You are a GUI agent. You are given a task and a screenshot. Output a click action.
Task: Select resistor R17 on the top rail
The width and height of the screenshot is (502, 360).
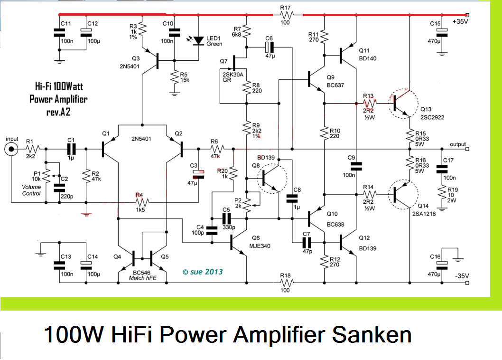click(x=286, y=15)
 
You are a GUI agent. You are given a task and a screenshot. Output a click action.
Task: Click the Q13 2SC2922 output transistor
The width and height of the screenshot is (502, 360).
click(x=401, y=103)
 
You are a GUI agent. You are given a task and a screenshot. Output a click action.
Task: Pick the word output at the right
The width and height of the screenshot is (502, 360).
click(x=458, y=144)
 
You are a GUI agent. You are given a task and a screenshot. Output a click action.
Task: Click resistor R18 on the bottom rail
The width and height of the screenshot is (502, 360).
click(x=286, y=282)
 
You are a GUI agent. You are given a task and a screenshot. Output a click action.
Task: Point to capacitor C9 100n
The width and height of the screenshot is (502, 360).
click(x=355, y=166)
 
